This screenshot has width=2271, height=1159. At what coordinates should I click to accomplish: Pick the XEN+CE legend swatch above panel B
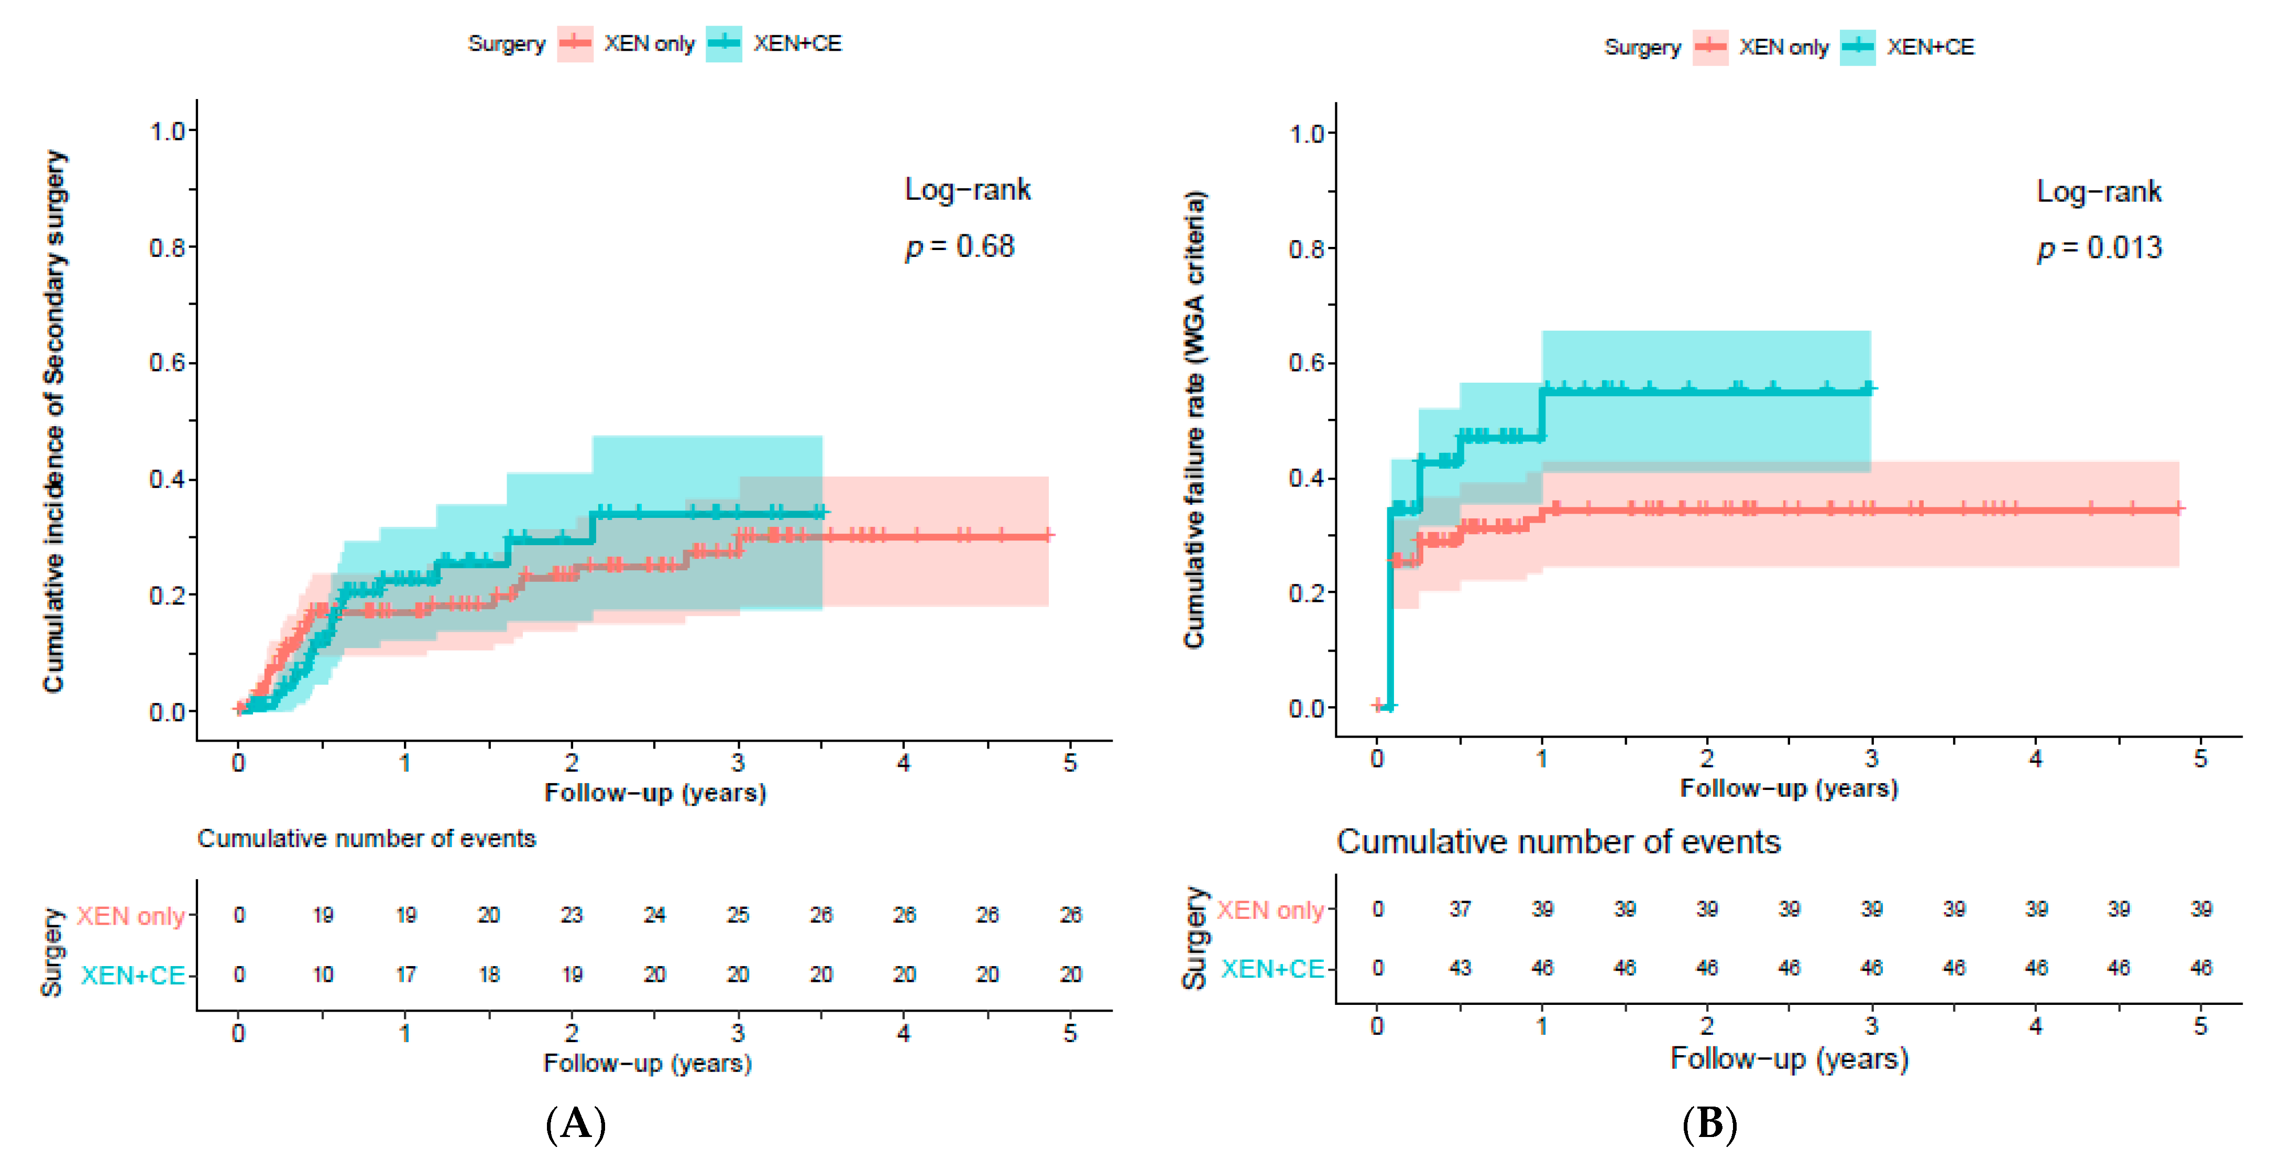[1858, 47]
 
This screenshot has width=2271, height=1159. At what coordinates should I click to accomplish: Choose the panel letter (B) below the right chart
[1709, 1124]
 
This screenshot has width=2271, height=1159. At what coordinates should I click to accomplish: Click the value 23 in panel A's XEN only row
[571, 915]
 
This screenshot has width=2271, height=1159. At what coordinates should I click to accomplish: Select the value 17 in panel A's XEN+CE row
[405, 974]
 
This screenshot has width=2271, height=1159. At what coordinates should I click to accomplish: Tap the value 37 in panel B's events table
[1460, 908]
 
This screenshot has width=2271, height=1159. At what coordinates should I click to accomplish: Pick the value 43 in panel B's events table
[1460, 968]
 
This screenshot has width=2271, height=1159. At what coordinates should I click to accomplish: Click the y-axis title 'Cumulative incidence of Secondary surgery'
[54, 421]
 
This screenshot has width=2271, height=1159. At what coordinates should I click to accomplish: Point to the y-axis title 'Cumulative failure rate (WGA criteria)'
[1194, 419]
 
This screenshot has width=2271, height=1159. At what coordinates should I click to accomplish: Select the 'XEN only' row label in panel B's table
[1270, 909]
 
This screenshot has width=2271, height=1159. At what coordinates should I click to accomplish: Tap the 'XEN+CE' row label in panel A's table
[133, 974]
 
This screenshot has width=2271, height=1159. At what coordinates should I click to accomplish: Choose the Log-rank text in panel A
[968, 190]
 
